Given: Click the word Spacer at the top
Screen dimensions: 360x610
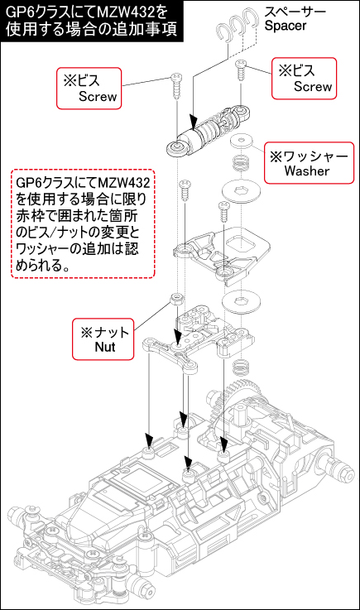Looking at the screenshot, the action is pos(286,26).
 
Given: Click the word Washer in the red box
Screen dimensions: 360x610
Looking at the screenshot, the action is pos(307,171).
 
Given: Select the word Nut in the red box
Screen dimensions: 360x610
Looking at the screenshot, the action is pos(105,346).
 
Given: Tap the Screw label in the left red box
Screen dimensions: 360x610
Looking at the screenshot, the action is pos(98,96).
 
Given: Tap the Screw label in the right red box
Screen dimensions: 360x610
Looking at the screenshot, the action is pos(313,86).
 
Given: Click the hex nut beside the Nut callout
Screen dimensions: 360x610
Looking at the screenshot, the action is pos(176,299).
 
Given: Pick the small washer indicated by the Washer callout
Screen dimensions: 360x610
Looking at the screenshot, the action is pos(241,142).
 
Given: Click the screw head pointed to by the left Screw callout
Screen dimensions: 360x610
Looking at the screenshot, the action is pos(176,77).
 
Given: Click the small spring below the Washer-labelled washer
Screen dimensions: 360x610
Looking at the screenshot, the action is pos(242,162).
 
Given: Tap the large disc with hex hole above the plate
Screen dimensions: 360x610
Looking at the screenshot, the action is pos(242,192).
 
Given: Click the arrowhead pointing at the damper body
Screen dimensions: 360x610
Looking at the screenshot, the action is pos(192,121).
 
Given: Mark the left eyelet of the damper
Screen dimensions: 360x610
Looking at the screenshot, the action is pos(175,149).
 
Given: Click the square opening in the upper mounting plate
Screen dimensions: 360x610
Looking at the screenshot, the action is pos(242,245).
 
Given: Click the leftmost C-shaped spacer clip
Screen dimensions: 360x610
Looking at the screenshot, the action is pos(224,32).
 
